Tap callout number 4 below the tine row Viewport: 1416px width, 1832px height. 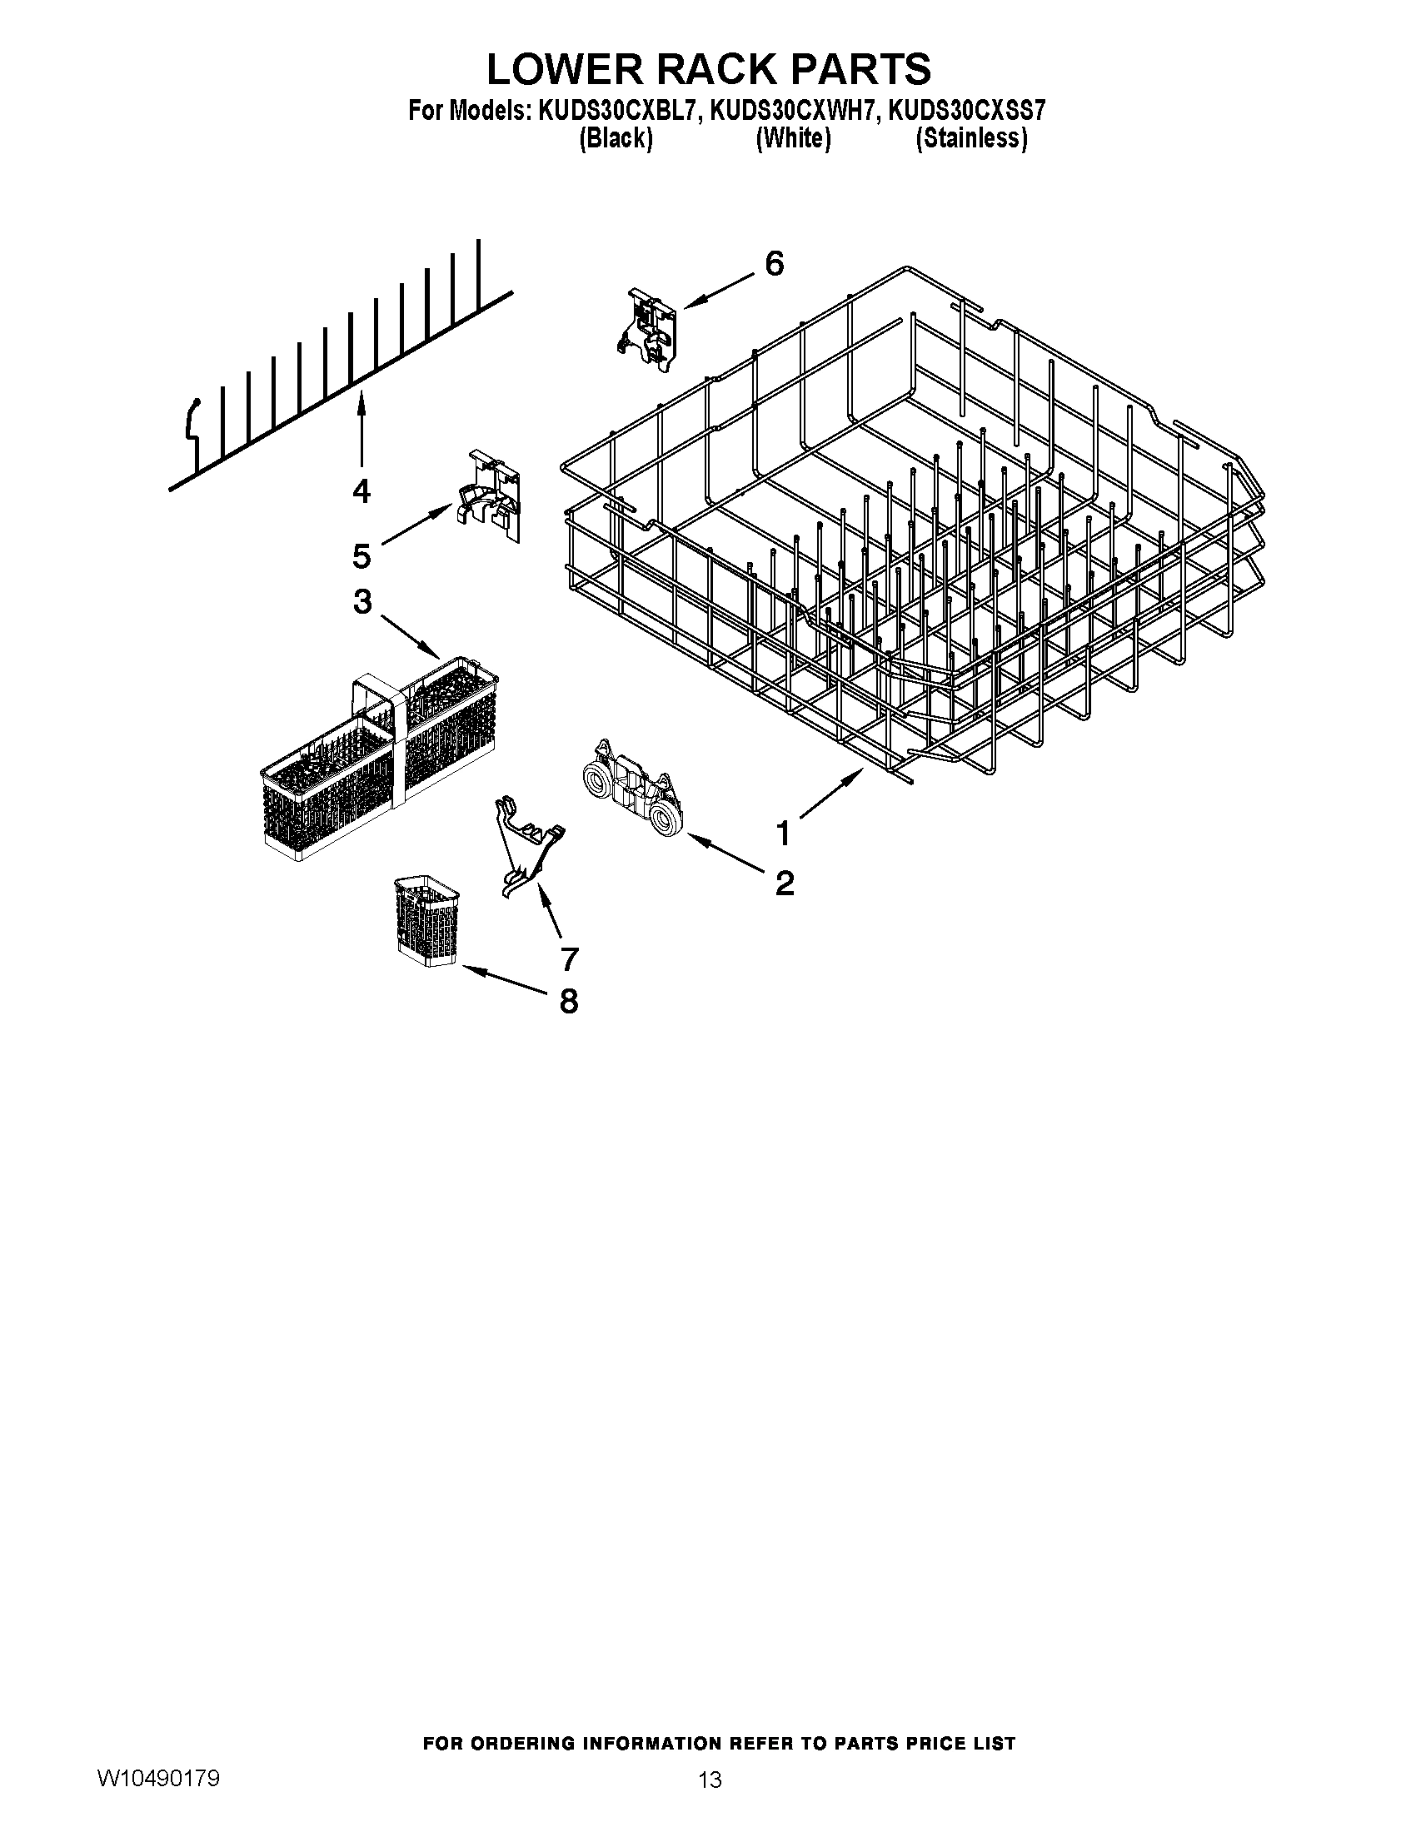pyautogui.click(x=361, y=490)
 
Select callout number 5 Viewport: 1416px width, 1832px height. pyautogui.click(x=361, y=555)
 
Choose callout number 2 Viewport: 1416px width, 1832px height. pyautogui.click(x=785, y=883)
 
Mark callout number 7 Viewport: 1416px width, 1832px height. pyautogui.click(x=569, y=958)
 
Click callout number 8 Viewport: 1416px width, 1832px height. pyautogui.click(x=569, y=1000)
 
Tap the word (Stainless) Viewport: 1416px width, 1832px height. pyautogui.click(x=970, y=138)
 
